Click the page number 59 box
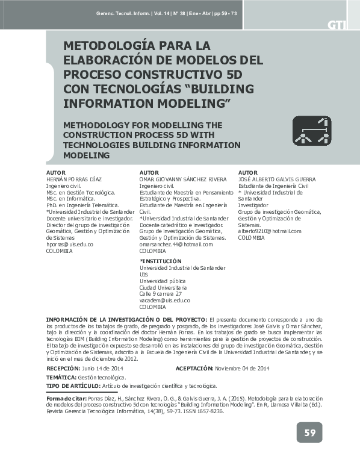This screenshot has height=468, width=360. pyautogui.click(x=309, y=432)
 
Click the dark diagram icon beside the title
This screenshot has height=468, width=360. pyautogui.click(x=312, y=131)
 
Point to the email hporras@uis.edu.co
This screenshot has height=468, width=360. pyautogui.click(x=70, y=245)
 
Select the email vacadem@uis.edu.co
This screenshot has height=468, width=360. pyautogui.click(x=165, y=300)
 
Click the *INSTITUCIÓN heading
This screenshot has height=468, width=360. pyautogui.click(x=160, y=261)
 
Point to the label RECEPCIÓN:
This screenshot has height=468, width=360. pyautogui.click(x=63, y=368)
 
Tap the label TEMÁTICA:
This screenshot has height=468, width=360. pyautogui.click(x=61, y=377)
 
